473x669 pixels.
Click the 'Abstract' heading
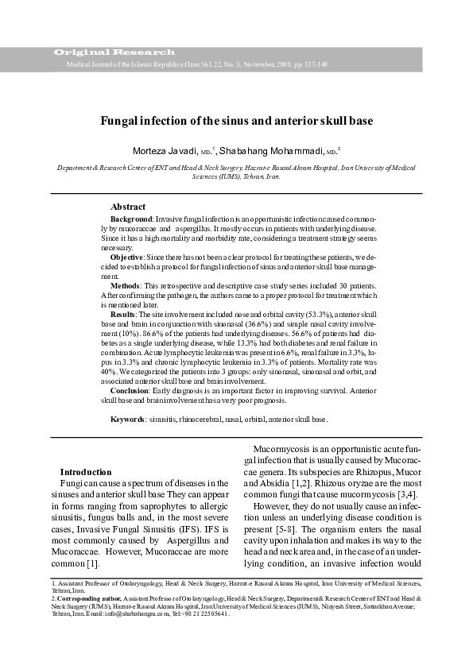(x=128, y=206)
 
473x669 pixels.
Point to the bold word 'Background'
(x=130, y=218)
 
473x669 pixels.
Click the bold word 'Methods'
(x=125, y=285)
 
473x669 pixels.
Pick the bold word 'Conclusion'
(x=129, y=389)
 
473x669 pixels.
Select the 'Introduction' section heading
(x=86, y=472)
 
